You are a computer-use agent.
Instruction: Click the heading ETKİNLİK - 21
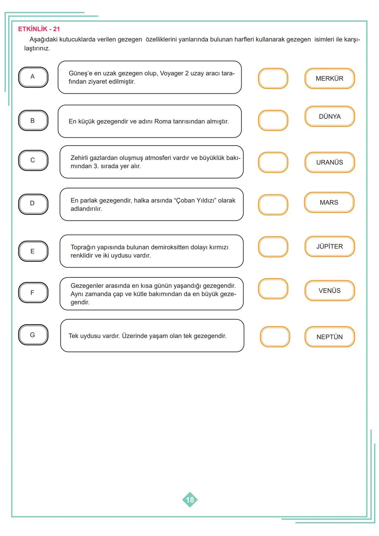click(39, 29)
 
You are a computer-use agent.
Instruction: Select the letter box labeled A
click(33, 77)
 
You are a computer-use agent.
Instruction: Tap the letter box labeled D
click(33, 204)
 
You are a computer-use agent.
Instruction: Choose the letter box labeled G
click(33, 335)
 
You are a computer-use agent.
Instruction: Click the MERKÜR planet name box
click(330, 79)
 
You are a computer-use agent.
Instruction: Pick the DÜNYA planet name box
click(330, 117)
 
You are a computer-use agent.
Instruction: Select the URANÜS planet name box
click(330, 163)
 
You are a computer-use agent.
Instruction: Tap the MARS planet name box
click(329, 203)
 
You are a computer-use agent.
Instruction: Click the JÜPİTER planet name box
click(330, 246)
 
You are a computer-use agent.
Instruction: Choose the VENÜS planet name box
click(330, 291)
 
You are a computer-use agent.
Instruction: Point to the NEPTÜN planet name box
click(330, 337)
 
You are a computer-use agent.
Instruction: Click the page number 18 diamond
click(190, 500)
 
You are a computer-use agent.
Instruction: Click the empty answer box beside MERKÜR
click(273, 79)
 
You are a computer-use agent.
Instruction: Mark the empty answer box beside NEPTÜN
click(275, 337)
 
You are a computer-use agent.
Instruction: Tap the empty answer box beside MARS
click(273, 205)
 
